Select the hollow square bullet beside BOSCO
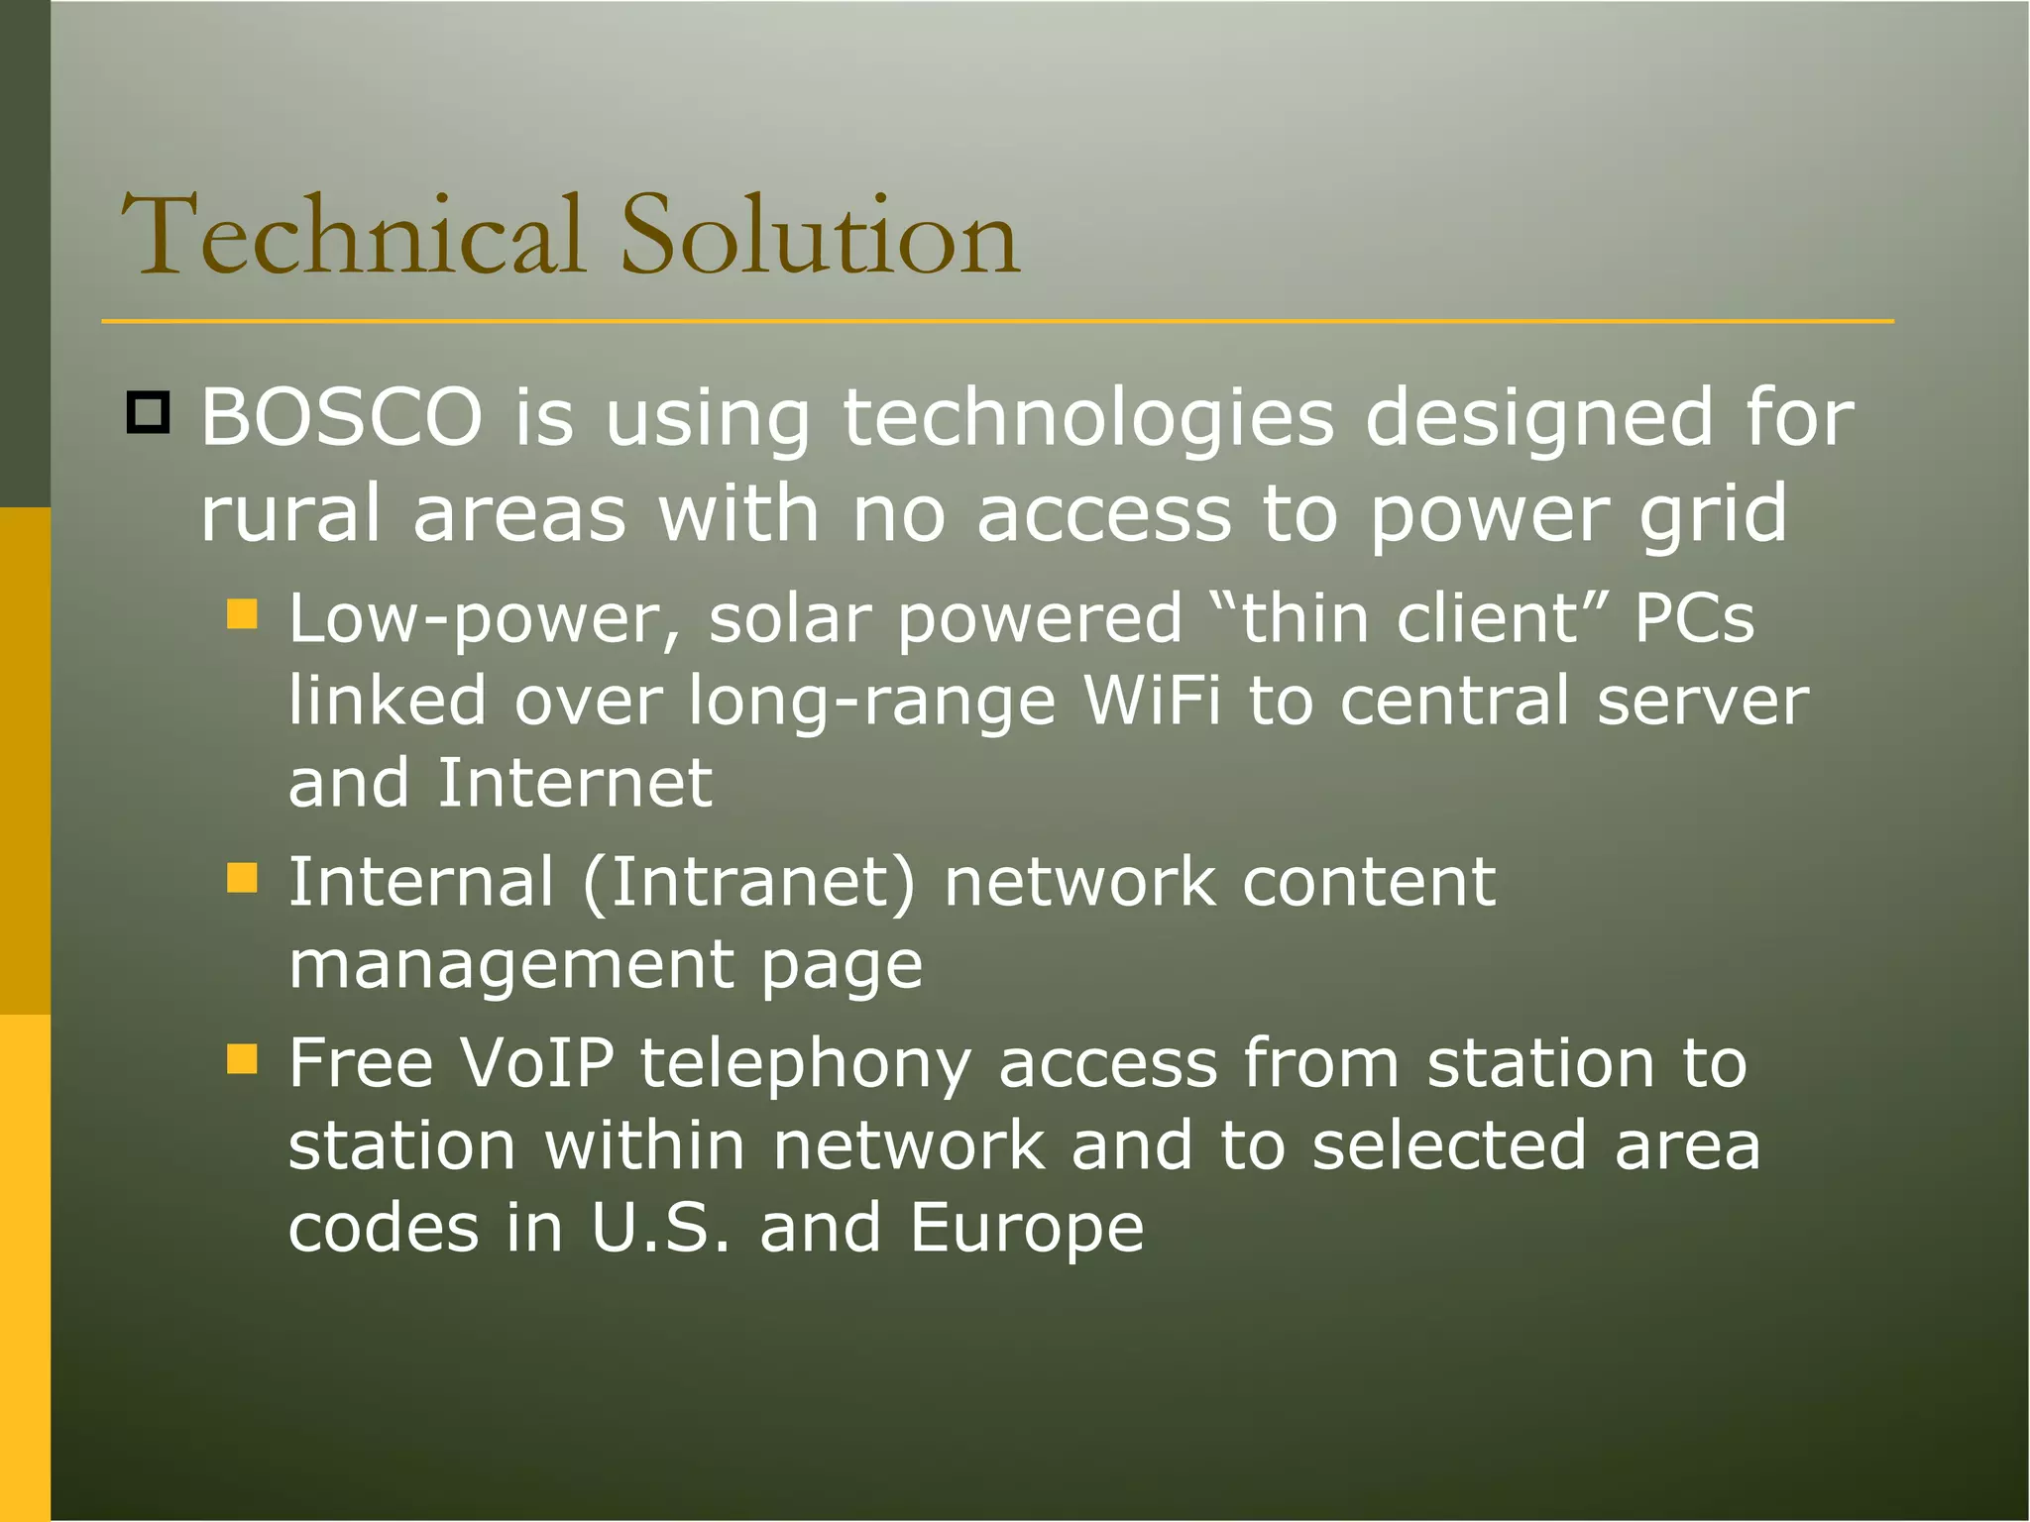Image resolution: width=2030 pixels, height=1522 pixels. (149, 412)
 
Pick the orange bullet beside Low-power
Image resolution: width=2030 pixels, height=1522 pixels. (242, 614)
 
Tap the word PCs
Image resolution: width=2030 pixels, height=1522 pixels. (1694, 618)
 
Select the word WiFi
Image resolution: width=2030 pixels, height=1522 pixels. (1152, 701)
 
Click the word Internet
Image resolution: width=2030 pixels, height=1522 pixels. (575, 783)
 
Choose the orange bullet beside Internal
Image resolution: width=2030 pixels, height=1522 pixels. (242, 878)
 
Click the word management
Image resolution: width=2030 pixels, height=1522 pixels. (511, 965)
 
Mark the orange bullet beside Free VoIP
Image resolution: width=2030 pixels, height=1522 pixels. (242, 1059)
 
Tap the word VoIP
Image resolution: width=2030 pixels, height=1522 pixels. (536, 1063)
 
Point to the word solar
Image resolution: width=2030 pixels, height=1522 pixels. (790, 618)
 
